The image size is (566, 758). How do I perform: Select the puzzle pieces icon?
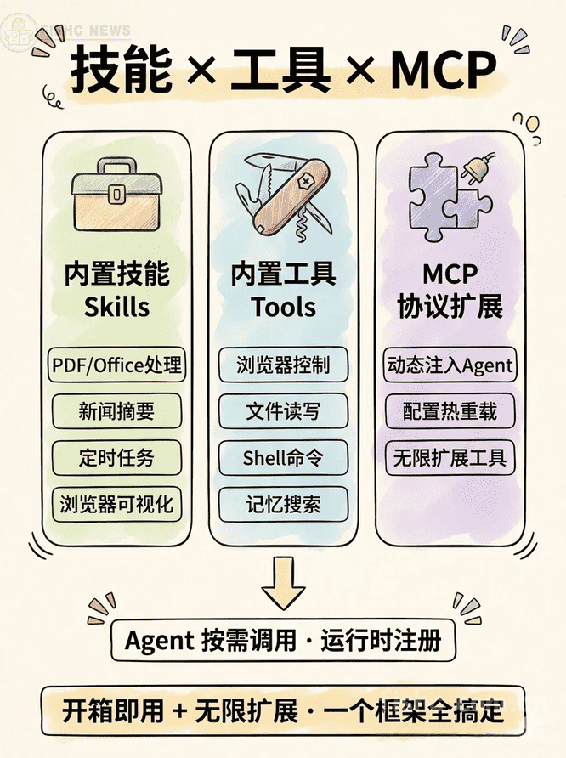[x=443, y=200]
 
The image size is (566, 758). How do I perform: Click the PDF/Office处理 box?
[x=116, y=365]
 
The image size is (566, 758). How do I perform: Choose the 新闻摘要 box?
[x=116, y=412]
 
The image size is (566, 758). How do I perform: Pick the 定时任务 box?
[x=116, y=458]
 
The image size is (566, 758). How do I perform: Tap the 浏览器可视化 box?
[x=116, y=504]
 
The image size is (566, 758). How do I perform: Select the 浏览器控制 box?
[x=283, y=365]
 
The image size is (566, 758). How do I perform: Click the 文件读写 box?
[x=283, y=412]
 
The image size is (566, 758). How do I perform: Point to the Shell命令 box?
[x=283, y=458]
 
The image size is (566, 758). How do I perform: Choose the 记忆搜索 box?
[x=283, y=504]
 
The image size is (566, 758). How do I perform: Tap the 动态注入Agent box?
[x=450, y=365]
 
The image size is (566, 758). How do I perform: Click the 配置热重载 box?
[x=450, y=412]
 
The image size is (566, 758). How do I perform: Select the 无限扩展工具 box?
[x=450, y=458]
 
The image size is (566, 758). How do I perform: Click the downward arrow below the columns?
[x=283, y=580]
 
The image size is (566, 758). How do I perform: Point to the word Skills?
[x=116, y=307]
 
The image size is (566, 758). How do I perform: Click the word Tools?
[x=283, y=307]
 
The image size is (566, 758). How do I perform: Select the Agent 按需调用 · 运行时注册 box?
[x=283, y=641]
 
